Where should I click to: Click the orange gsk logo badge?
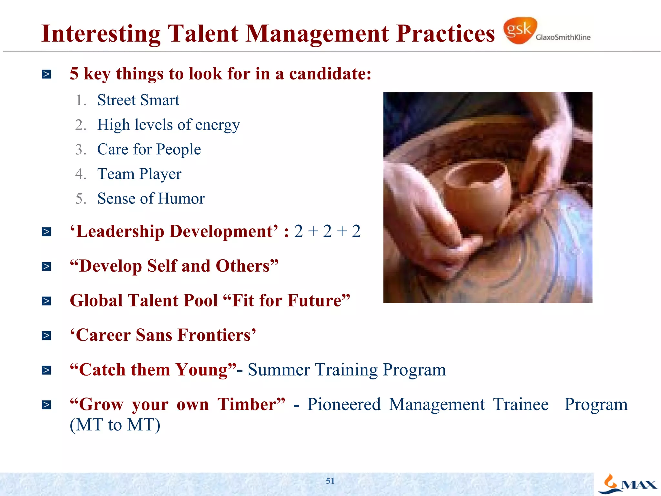click(x=520, y=31)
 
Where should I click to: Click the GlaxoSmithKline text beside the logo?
click(x=563, y=37)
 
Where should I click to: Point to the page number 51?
click(x=330, y=481)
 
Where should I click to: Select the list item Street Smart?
click(x=138, y=100)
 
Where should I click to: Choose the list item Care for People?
click(x=149, y=149)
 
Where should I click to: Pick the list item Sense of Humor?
click(x=151, y=198)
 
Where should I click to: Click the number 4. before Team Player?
click(x=81, y=174)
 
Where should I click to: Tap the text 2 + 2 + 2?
click(x=327, y=232)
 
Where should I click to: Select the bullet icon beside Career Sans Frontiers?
click(x=46, y=336)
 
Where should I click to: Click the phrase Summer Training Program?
click(x=347, y=370)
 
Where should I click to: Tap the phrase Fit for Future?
click(x=287, y=301)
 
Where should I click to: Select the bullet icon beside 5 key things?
click(x=46, y=74)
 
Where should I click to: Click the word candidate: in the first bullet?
click(x=330, y=74)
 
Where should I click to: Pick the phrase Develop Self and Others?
click(x=174, y=266)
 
